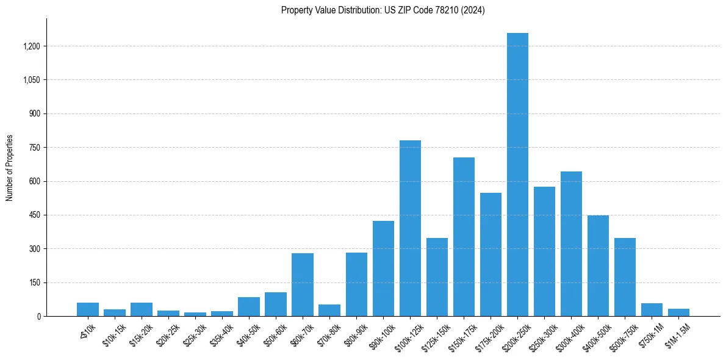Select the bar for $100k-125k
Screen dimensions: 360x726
(x=410, y=228)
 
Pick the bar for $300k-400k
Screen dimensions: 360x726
(x=571, y=244)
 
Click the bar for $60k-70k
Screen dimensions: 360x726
(x=303, y=285)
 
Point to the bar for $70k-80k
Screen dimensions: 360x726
(x=329, y=311)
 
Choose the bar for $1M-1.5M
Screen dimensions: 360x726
(x=678, y=312)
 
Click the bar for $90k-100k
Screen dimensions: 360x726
(x=383, y=268)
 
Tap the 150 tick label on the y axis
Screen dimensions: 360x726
(x=35, y=283)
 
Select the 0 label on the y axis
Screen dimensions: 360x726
(x=38, y=317)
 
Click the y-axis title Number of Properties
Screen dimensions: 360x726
(x=10, y=168)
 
